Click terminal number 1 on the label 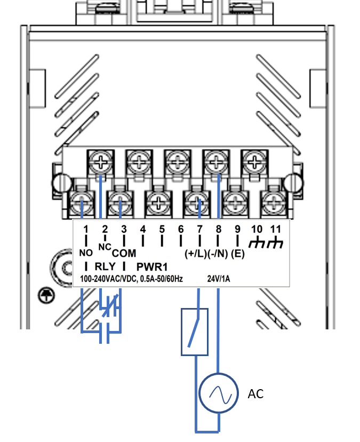click(x=86, y=229)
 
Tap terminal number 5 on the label click(x=162, y=229)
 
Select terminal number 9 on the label click(x=237, y=229)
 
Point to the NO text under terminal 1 click(x=86, y=253)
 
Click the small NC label click(x=105, y=247)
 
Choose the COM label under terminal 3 click(x=124, y=254)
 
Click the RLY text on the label click(x=105, y=266)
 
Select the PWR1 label click(x=152, y=267)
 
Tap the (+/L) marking click(x=196, y=254)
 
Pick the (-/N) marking click(x=218, y=254)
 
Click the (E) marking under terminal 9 click(x=238, y=254)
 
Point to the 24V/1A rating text click(x=219, y=279)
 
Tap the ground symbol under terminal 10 click(x=257, y=244)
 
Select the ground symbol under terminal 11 click(x=275, y=244)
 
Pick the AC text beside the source click(x=255, y=394)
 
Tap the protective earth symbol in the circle click(x=46, y=295)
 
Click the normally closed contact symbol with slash click(x=110, y=306)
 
